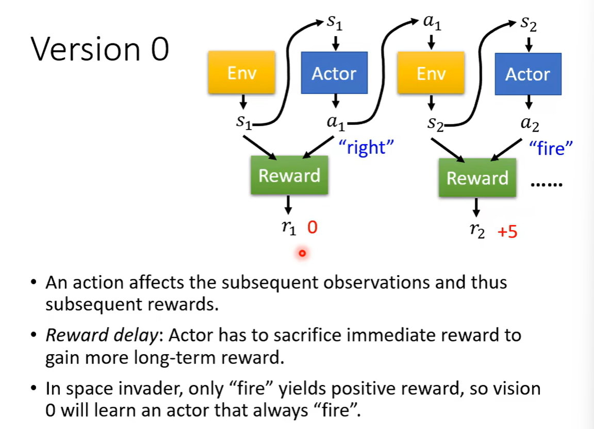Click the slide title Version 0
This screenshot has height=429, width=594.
[100, 50]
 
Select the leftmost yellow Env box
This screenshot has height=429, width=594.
[241, 73]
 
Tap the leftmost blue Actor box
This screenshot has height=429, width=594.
[334, 73]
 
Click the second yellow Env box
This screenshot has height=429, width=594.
[431, 73]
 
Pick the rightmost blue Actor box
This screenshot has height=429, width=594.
[527, 74]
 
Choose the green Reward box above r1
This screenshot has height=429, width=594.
[289, 176]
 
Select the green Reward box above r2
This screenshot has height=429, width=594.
[477, 178]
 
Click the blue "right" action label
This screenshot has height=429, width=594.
[366, 148]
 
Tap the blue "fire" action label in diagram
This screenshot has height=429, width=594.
[551, 149]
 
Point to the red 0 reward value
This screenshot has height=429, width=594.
[312, 227]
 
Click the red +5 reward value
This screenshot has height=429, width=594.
[507, 232]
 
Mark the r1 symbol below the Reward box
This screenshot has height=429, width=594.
[289, 228]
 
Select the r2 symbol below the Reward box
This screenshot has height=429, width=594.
[477, 231]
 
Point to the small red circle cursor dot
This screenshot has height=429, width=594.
[302, 253]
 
